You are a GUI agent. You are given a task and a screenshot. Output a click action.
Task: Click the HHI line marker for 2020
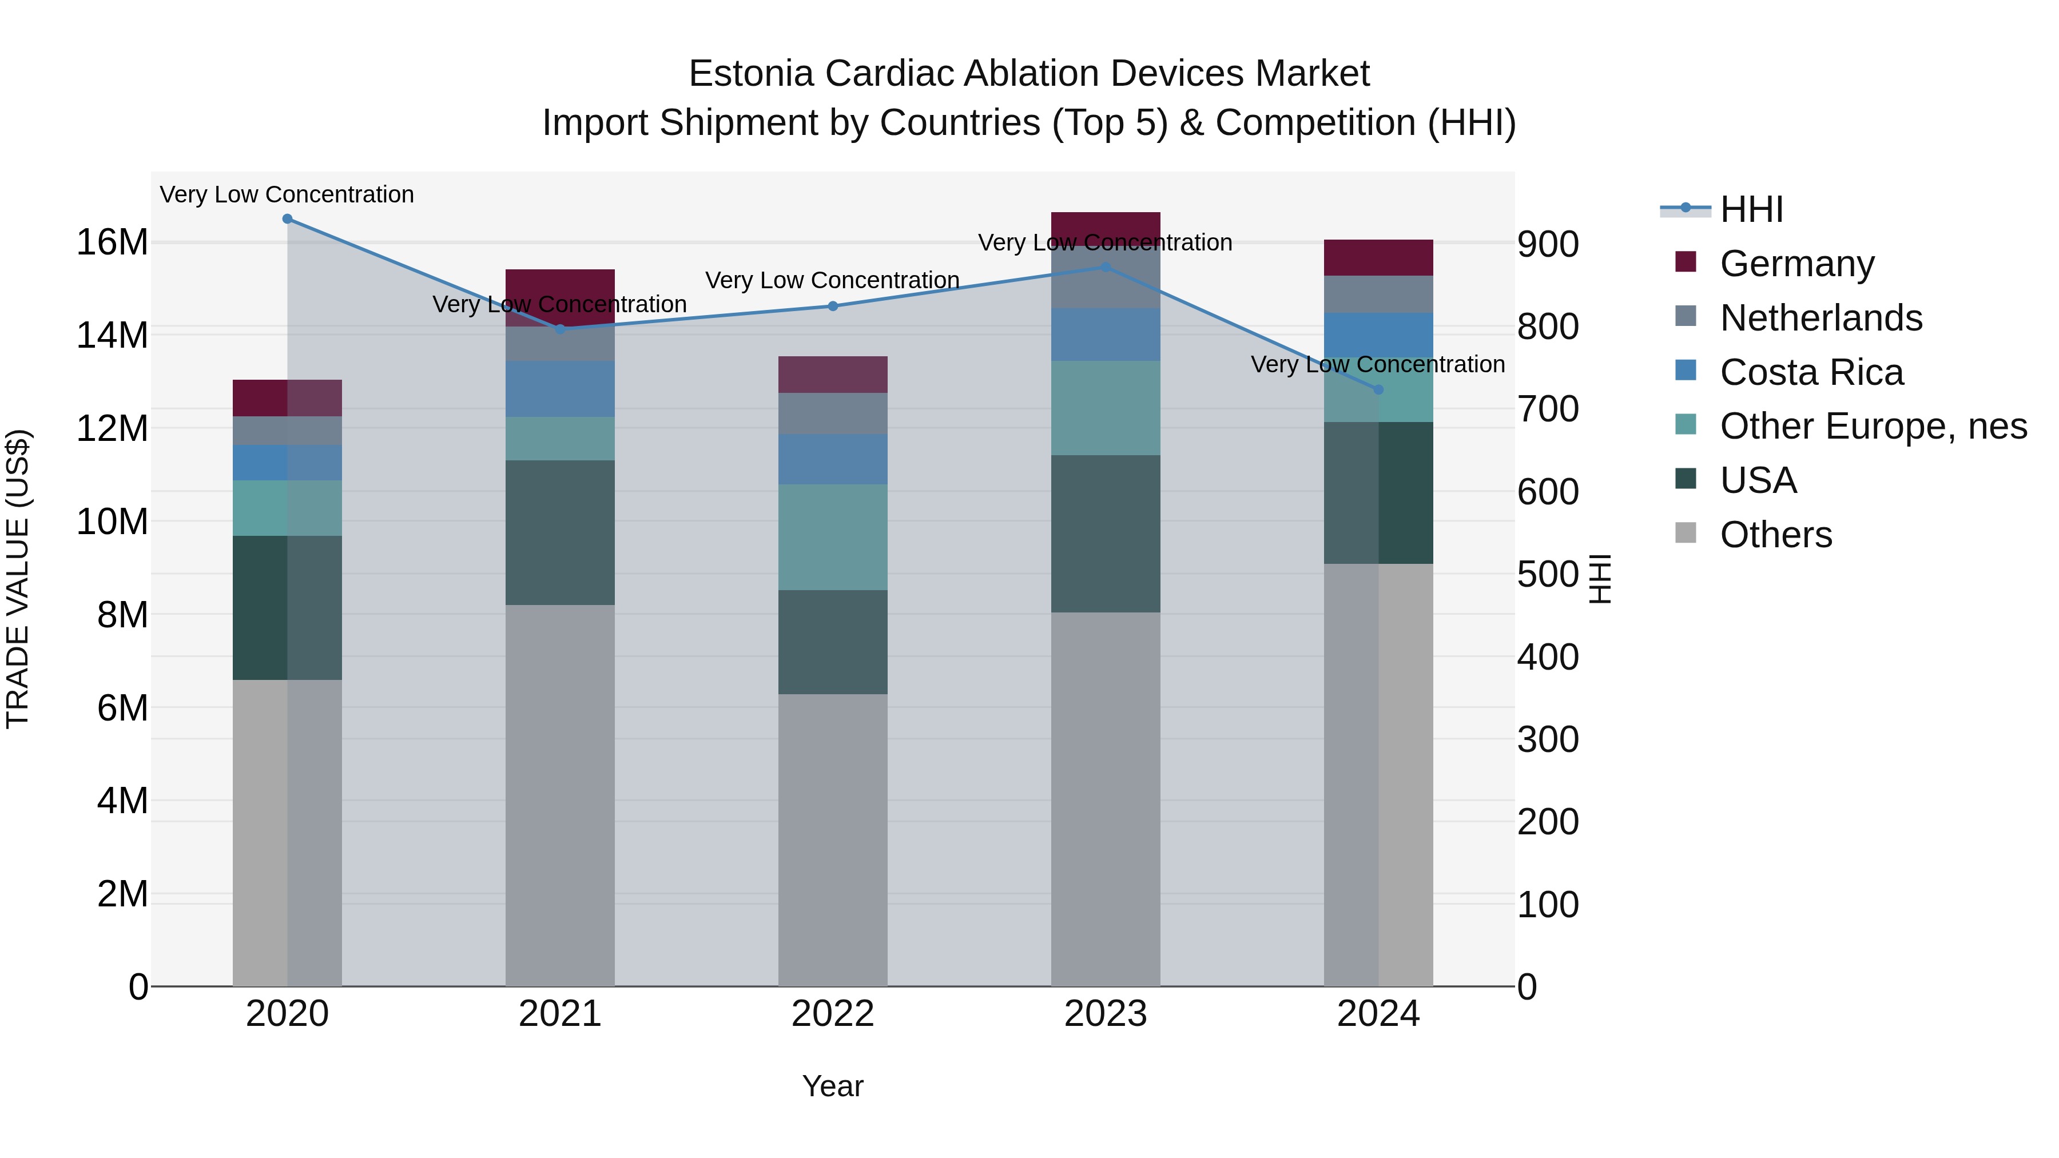click(x=287, y=219)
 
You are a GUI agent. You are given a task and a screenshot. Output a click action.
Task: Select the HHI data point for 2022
click(x=833, y=306)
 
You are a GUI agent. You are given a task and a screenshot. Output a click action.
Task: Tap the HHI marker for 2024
click(x=1378, y=390)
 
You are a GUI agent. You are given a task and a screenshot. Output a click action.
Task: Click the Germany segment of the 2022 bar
click(x=833, y=375)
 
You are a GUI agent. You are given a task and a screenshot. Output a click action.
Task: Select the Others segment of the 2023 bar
click(x=1106, y=799)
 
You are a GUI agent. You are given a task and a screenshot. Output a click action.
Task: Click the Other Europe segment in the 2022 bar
click(x=833, y=537)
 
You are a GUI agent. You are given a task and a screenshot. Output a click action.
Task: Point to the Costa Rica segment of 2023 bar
click(x=1106, y=335)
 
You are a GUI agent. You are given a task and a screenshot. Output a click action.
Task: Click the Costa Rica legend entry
click(x=1811, y=372)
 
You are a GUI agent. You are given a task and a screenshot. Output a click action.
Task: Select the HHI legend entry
click(x=1751, y=209)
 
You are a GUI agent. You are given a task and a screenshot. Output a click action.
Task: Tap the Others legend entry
click(x=1775, y=535)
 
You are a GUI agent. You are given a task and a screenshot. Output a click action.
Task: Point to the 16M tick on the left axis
click(x=112, y=242)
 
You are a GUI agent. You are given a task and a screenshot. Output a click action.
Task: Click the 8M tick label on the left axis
click(x=122, y=615)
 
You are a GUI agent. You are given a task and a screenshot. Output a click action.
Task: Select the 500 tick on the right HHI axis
click(x=1548, y=575)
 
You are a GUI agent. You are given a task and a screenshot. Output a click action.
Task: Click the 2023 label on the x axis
click(x=1106, y=1014)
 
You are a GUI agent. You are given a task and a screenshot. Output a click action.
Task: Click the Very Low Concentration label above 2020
click(x=287, y=194)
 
